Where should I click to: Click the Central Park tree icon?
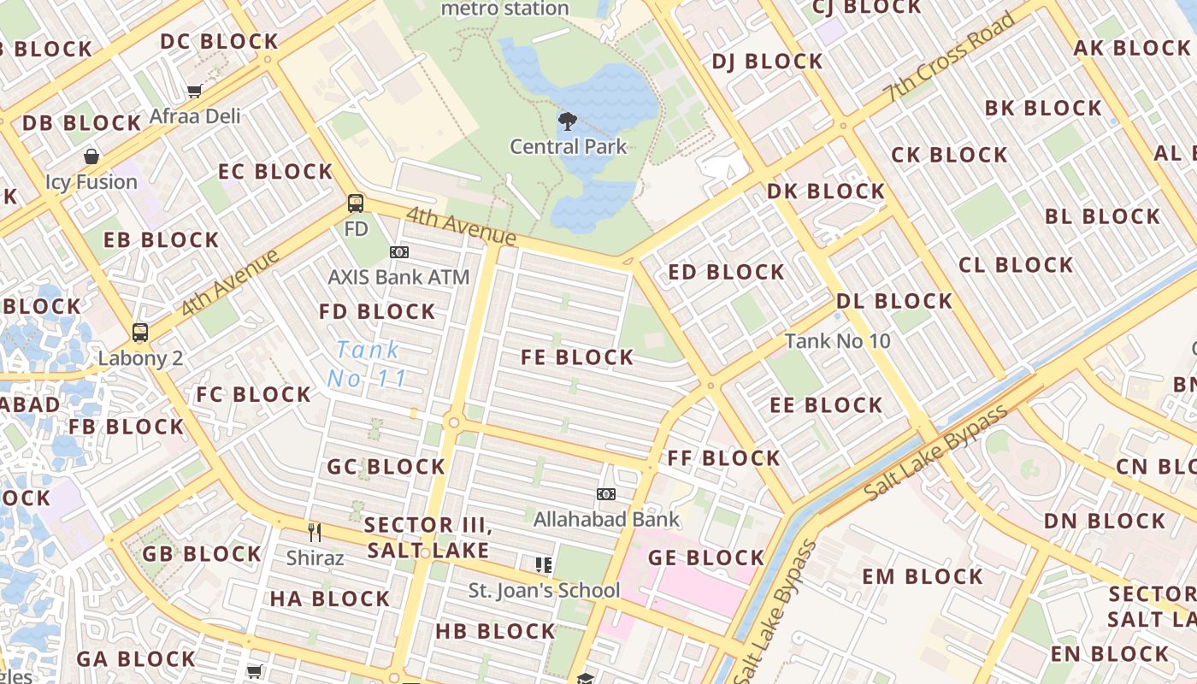tap(567, 121)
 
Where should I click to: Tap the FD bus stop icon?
tap(356, 203)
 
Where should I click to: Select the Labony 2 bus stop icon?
tap(140, 333)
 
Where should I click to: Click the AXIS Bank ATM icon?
tap(398, 252)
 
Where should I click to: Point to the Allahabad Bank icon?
tap(606, 494)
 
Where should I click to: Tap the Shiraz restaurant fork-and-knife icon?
tap(315, 533)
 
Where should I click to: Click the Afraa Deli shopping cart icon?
tap(195, 91)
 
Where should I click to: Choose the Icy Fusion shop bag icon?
tap(91, 156)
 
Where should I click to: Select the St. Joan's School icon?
tap(543, 564)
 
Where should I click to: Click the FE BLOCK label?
tap(578, 358)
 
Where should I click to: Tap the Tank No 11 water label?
tap(367, 363)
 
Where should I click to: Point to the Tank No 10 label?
tap(837, 341)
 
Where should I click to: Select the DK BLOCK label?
tap(825, 192)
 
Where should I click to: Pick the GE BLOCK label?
tap(705, 558)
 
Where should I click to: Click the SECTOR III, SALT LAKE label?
tap(427, 537)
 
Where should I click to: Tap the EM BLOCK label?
tap(922, 576)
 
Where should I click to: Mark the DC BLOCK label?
tap(220, 42)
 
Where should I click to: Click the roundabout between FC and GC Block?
tap(453, 422)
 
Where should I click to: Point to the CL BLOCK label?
tap(1016, 265)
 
